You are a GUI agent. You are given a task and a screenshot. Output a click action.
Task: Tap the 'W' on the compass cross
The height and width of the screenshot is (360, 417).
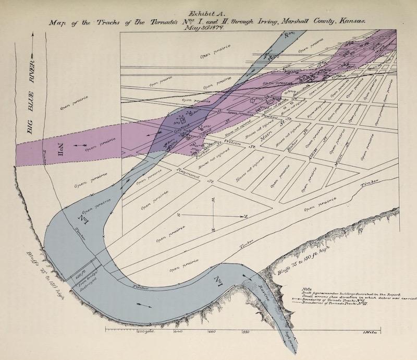213,199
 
